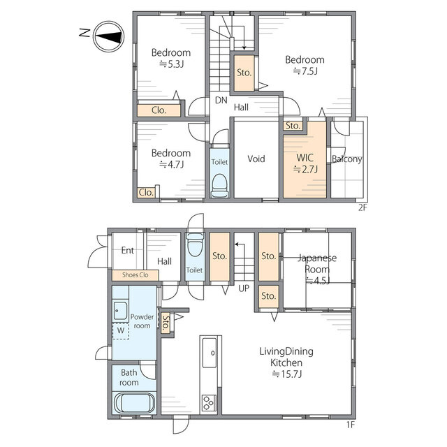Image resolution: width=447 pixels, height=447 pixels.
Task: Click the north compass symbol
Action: (109, 36)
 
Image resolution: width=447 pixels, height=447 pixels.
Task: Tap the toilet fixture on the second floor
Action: (219, 185)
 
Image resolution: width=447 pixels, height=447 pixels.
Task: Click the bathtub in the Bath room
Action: (134, 403)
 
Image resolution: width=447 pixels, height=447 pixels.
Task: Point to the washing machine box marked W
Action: (121, 330)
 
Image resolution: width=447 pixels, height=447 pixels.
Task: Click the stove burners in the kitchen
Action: (209, 402)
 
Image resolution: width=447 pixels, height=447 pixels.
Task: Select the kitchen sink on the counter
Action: (210, 353)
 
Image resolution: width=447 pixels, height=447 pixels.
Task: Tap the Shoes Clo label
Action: (135, 275)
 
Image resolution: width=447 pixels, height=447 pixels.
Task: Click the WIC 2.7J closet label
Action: (305, 163)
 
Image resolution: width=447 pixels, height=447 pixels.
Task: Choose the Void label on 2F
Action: (256, 159)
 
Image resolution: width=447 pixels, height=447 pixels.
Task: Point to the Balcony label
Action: (347, 159)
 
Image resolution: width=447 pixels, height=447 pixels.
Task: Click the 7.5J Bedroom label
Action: (305, 65)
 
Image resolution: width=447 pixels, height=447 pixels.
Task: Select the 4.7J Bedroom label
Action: (171, 159)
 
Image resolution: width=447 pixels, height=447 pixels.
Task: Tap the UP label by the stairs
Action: (244, 288)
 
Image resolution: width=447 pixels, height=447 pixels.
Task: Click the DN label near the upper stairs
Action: (221, 100)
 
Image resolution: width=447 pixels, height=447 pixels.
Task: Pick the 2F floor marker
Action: (362, 208)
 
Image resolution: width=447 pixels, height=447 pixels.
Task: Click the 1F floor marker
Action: (351, 425)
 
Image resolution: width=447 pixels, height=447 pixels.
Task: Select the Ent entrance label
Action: (127, 250)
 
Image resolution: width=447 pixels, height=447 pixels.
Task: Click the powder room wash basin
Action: (120, 310)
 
